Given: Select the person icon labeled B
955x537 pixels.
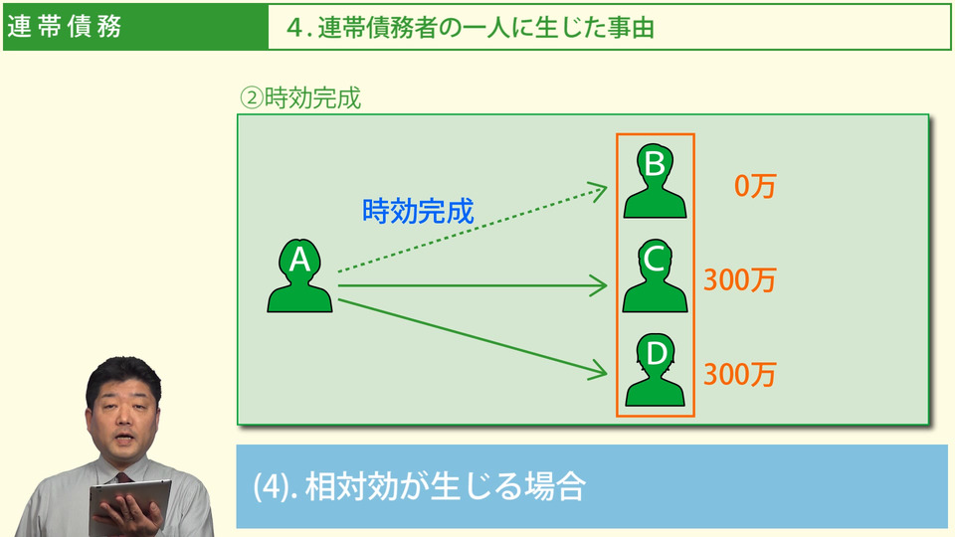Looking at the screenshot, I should click(655, 180).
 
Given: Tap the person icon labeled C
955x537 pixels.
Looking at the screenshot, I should click(655, 276).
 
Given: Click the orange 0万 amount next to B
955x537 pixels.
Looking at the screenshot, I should click(754, 186).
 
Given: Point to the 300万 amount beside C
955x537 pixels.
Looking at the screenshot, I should click(739, 280).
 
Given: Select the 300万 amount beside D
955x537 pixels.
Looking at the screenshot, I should click(739, 375).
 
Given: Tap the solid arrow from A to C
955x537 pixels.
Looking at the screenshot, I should click(473, 286).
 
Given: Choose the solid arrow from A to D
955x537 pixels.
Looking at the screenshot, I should click(473, 335).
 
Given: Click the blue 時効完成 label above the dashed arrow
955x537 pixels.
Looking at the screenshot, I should click(418, 211).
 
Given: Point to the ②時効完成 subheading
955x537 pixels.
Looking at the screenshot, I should click(299, 98).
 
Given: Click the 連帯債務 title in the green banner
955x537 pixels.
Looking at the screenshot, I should click(65, 27).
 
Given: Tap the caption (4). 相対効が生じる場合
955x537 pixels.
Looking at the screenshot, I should click(418, 487).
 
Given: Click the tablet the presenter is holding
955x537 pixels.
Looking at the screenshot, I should click(129, 502).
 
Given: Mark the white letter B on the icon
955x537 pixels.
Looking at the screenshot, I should click(655, 164).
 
